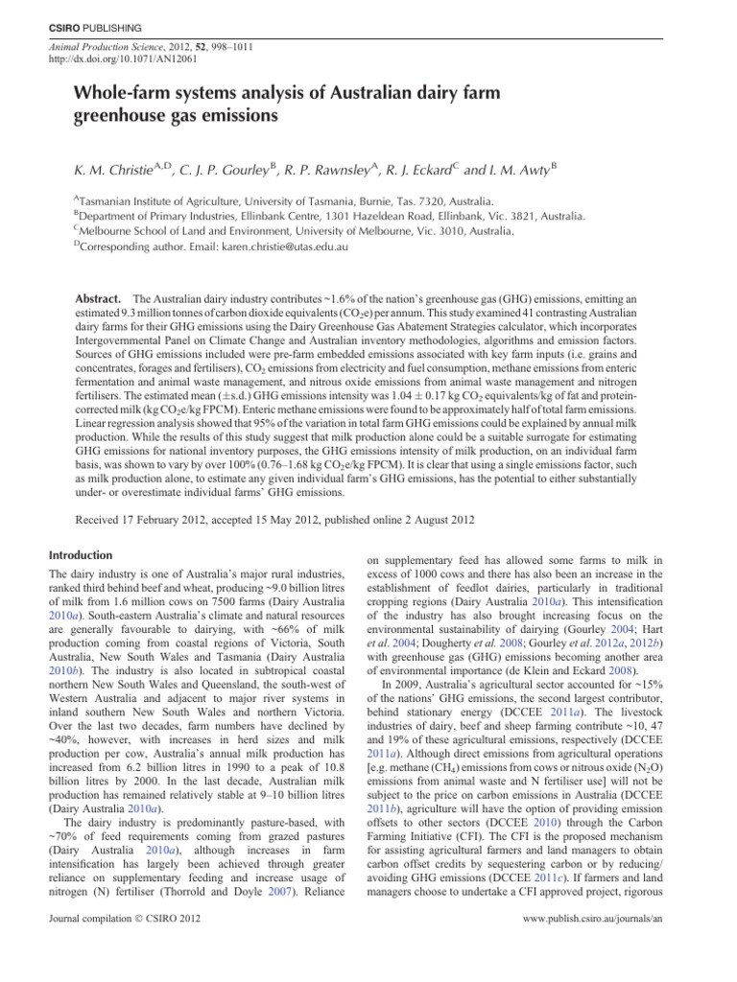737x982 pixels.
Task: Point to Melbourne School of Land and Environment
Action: (183, 229)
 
